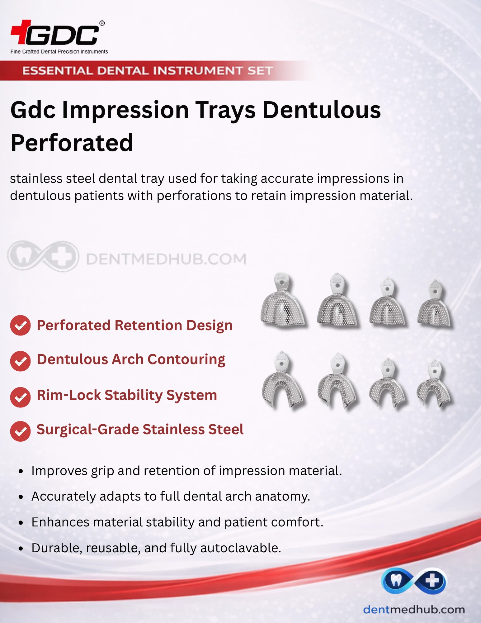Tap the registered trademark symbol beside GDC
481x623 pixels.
(102, 23)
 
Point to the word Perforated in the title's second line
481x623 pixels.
(72, 143)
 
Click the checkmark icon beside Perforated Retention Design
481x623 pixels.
(20, 326)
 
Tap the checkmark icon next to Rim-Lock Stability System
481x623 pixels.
(20, 397)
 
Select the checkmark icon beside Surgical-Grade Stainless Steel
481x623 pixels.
(20, 431)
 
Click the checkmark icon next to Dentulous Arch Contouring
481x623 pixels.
(20, 361)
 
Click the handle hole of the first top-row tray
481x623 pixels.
(282, 283)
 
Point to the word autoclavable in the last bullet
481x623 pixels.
(240, 548)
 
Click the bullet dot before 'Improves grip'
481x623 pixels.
(21, 471)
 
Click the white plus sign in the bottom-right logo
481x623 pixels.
(432, 580)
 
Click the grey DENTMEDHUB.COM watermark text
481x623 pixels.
(166, 259)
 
